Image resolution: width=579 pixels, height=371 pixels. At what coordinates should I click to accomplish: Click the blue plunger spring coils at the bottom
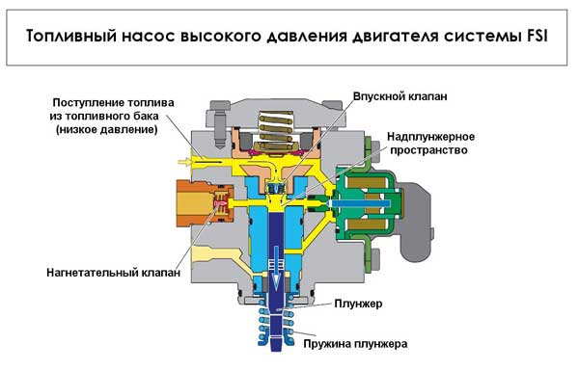273,328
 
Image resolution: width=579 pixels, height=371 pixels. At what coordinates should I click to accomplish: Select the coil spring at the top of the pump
274,124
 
